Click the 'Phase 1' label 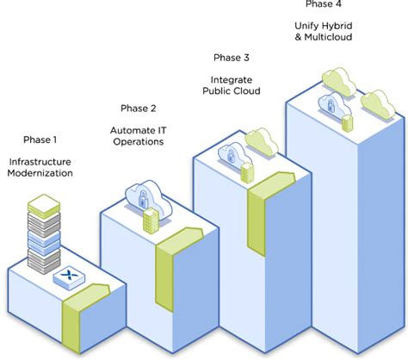click(40, 139)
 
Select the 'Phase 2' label click(138, 109)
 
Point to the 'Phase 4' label click(322, 4)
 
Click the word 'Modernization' click(40, 173)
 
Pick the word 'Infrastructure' click(40, 161)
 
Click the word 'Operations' click(138, 143)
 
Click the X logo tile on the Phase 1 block click(66, 277)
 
